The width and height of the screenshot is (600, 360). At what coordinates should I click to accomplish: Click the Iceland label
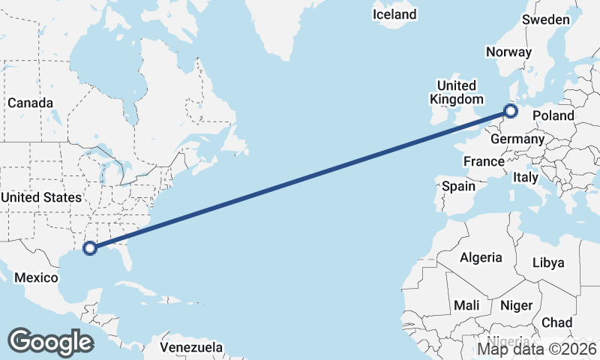point(394,14)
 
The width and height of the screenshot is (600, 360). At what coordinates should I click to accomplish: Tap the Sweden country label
point(546,19)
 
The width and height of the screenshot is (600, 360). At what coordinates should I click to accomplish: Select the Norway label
point(508,52)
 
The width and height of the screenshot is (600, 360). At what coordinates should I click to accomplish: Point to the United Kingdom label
point(456,92)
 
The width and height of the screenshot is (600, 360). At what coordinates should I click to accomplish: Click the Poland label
point(553,115)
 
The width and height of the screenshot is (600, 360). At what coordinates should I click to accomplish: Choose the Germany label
point(517,139)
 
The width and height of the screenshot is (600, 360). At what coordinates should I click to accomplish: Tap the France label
point(484,161)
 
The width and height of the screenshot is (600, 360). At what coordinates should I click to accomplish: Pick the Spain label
point(459,186)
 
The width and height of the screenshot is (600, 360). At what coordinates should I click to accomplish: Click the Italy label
point(525,178)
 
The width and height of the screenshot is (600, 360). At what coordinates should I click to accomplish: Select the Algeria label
point(481,257)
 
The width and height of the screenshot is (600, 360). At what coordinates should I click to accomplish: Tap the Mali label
point(466,306)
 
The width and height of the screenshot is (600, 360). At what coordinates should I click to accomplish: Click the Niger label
point(515,306)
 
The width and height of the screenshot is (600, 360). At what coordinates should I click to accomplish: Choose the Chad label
point(556,322)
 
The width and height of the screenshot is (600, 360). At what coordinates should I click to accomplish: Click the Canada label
point(30,103)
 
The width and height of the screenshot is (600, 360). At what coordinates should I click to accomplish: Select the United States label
point(40,197)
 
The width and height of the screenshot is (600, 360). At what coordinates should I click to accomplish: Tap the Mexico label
point(37,277)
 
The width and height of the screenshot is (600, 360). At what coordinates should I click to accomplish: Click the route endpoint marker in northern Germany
point(511,112)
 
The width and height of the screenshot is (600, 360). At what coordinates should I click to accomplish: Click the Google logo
point(50,342)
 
